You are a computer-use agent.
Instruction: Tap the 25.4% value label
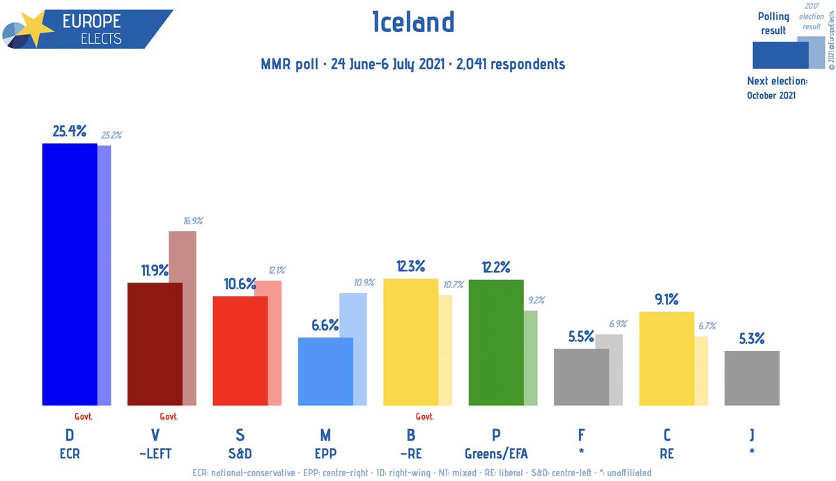(69, 131)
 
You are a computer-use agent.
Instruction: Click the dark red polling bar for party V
(154, 344)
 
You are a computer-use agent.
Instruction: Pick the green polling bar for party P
(495, 342)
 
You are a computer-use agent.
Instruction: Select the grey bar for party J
(752, 378)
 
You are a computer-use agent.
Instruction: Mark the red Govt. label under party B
(424, 417)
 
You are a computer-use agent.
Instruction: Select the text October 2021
(771, 95)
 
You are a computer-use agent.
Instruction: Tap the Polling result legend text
(773, 24)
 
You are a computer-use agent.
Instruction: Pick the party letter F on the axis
(581, 436)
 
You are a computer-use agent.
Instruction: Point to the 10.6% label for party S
(239, 284)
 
